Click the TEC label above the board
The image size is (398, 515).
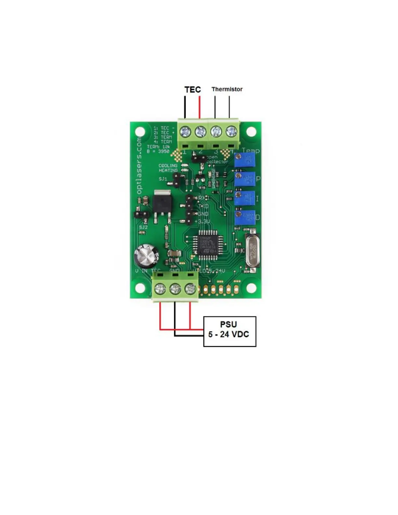[x=192, y=89]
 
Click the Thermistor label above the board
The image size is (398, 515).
[x=227, y=89]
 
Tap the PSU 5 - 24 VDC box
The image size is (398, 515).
[x=230, y=331]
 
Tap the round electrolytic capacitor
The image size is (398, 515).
[x=147, y=256]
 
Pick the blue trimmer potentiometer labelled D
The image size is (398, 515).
[x=245, y=217]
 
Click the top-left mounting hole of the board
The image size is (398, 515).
[x=140, y=132]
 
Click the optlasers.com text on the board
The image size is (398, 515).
[x=139, y=165]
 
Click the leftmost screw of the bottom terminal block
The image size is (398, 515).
[x=160, y=288]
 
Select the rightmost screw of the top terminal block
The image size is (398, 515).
[x=231, y=132]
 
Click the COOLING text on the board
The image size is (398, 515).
[x=168, y=165]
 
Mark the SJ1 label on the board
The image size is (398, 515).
[x=163, y=179]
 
